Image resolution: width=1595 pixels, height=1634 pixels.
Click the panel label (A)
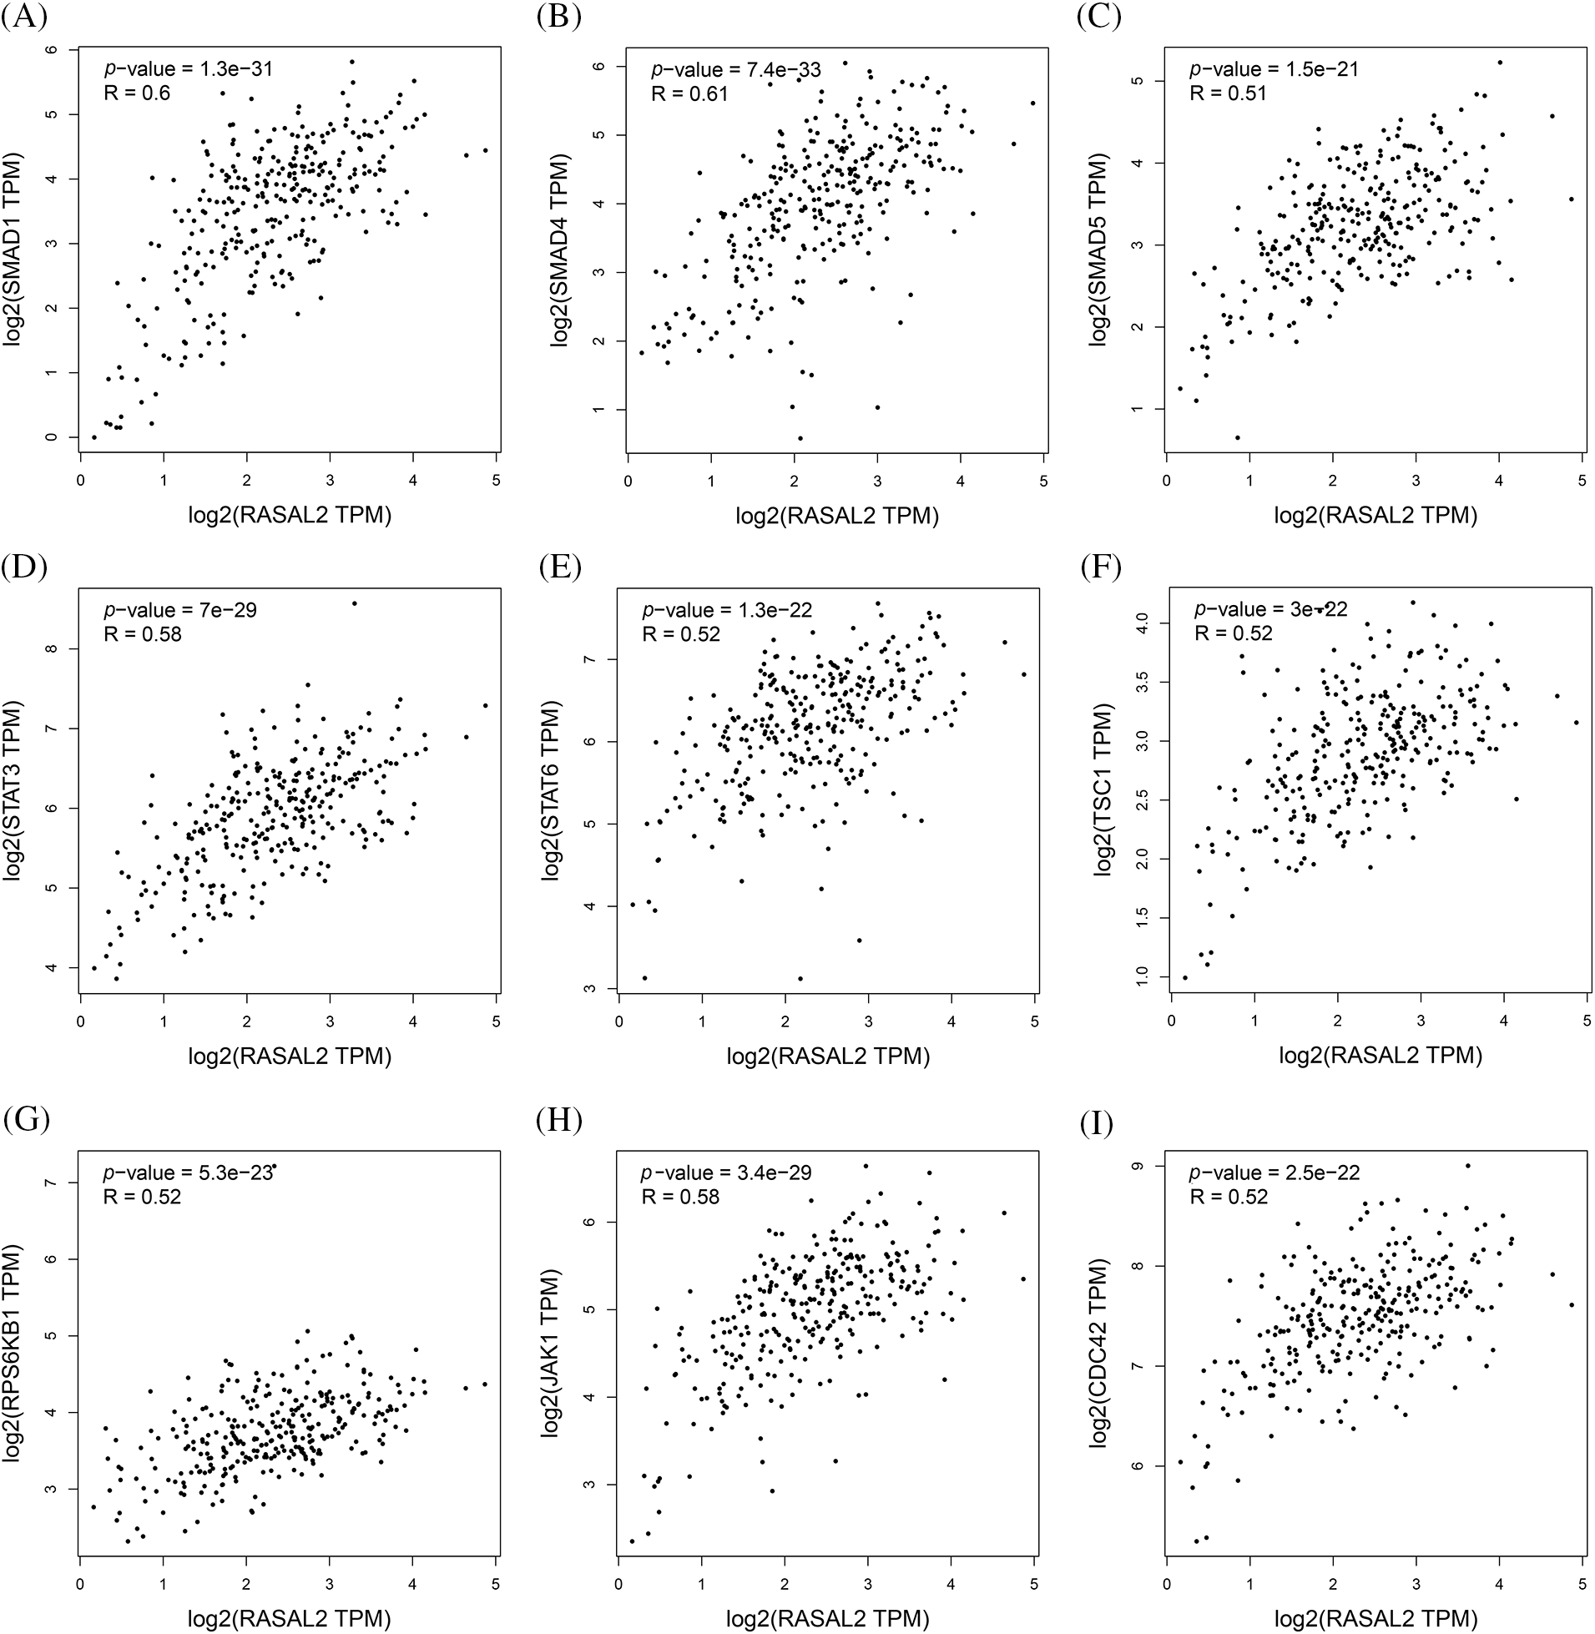24,17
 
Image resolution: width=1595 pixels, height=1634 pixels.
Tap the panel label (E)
560,566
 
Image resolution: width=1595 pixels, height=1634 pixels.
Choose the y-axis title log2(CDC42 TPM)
1098,1353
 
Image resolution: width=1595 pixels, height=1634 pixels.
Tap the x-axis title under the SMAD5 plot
1375,515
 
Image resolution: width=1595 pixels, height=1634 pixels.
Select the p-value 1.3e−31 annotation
189,68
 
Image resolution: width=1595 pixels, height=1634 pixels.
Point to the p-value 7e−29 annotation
180,610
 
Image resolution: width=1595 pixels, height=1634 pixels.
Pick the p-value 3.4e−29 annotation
726,1173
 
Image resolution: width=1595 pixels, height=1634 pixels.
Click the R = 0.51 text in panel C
1228,93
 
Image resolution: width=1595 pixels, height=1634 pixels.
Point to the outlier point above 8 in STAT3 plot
355,603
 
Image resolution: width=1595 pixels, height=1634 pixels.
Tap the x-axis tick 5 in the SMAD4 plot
1043,481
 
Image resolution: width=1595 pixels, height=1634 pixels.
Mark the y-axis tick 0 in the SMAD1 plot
53,437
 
